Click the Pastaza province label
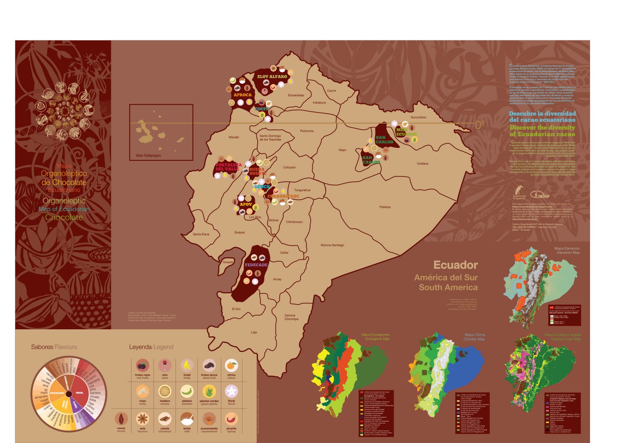pyautogui.click(x=385, y=207)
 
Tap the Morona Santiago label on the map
pyautogui.click(x=332, y=245)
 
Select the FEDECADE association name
pyautogui.click(x=256, y=265)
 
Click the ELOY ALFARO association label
pyautogui.click(x=272, y=77)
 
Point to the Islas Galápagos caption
pyautogui.click(x=148, y=155)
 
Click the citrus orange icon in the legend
pyautogui.click(x=231, y=366)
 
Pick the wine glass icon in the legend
pyautogui.click(x=165, y=366)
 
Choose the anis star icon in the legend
pyautogui.click(x=143, y=418)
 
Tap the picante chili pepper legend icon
pyautogui.click(x=231, y=418)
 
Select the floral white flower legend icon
pyautogui.click(x=231, y=392)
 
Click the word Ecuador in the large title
pyautogui.click(x=455, y=265)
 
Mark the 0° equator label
pyautogui.click(x=479, y=125)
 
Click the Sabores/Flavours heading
pyautogui.click(x=54, y=347)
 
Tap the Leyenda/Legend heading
pyautogui.click(x=151, y=347)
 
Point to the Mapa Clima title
pyautogui.click(x=474, y=335)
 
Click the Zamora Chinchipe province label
pyautogui.click(x=292, y=317)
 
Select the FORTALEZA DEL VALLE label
pyautogui.click(x=228, y=167)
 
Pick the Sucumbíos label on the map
pyautogui.click(x=418, y=117)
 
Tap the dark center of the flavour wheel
pyautogui.click(x=68, y=394)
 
